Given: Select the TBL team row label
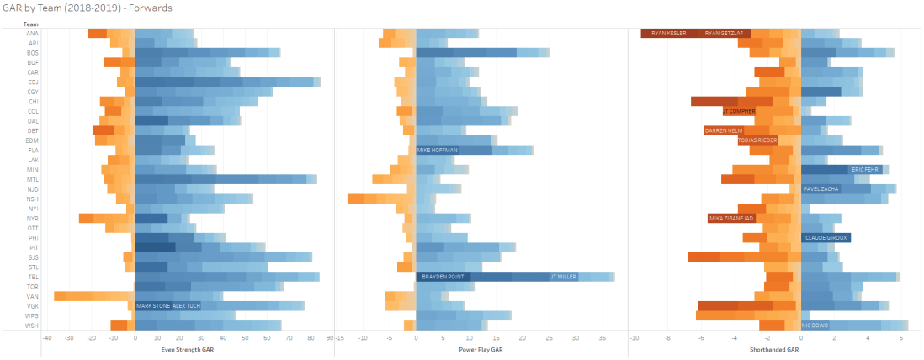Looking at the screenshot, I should (32, 277).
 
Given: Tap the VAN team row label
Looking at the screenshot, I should (32, 296).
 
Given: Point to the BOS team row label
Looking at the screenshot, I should (32, 53).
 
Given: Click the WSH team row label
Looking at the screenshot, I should (32, 326).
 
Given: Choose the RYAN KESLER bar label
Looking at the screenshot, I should (668, 34).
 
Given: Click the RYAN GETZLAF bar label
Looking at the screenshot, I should (724, 34).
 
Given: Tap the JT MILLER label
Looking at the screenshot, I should (563, 277).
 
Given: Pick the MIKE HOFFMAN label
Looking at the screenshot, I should (437, 150).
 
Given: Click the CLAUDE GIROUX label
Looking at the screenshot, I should (826, 238).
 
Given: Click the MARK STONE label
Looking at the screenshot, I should (152, 306).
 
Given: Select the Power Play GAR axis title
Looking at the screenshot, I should (481, 349).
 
